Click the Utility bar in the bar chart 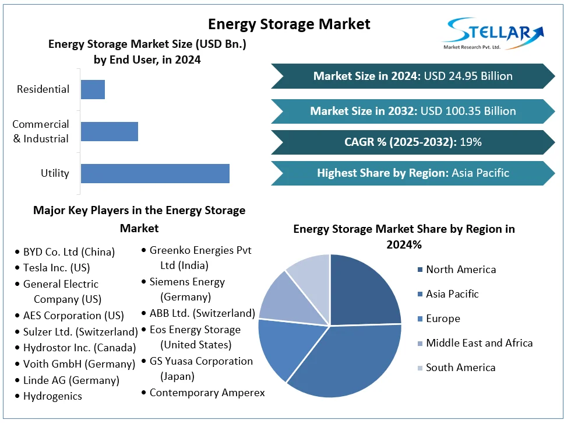point(155,173)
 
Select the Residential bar point(93,89)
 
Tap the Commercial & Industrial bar point(110,131)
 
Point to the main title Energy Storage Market point(289,24)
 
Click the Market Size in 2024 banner point(413,76)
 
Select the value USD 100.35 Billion point(467,111)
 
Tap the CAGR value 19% point(470,142)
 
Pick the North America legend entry point(460,270)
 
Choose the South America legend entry point(460,368)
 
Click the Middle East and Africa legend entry point(479,343)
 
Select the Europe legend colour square point(420,319)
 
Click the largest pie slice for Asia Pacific point(350,362)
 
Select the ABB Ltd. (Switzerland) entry point(202,313)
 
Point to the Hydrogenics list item point(52,396)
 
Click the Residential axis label point(43,89)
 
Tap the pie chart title point(404,236)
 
